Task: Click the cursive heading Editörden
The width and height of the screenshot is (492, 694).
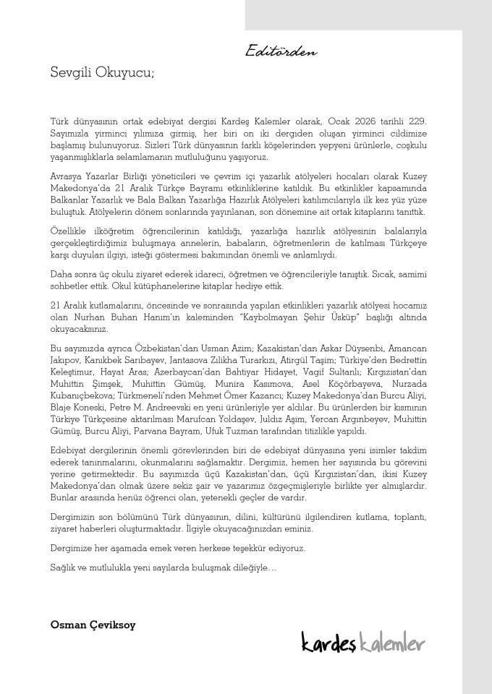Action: pyautogui.click(x=281, y=52)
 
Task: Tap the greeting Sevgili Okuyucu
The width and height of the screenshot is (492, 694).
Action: pyautogui.click(x=102, y=72)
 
